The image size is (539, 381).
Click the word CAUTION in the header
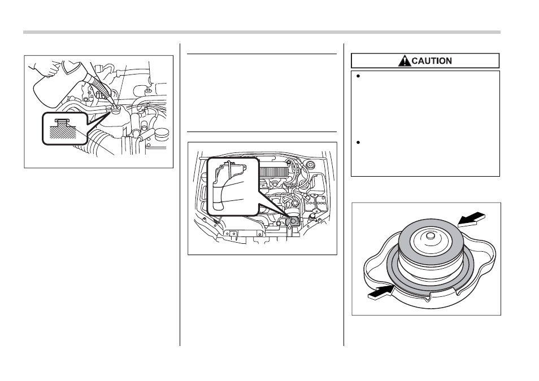pyautogui.click(x=432, y=61)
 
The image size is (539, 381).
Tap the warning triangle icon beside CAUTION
pyautogui.click(x=405, y=61)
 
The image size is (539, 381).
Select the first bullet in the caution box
pyautogui.click(x=358, y=76)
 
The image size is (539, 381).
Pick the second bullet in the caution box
pyautogui.click(x=358, y=142)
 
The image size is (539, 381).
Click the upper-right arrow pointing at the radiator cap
pyautogui.click(x=472, y=219)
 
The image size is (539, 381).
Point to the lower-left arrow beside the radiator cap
pyautogui.click(x=381, y=292)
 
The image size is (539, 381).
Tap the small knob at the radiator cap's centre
pyautogui.click(x=430, y=236)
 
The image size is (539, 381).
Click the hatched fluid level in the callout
pyautogui.click(x=63, y=132)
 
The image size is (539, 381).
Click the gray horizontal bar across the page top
pyautogui.click(x=262, y=32)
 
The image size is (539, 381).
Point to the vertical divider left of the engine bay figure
pyautogui.click(x=180, y=194)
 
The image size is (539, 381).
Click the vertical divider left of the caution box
pyautogui.click(x=344, y=194)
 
